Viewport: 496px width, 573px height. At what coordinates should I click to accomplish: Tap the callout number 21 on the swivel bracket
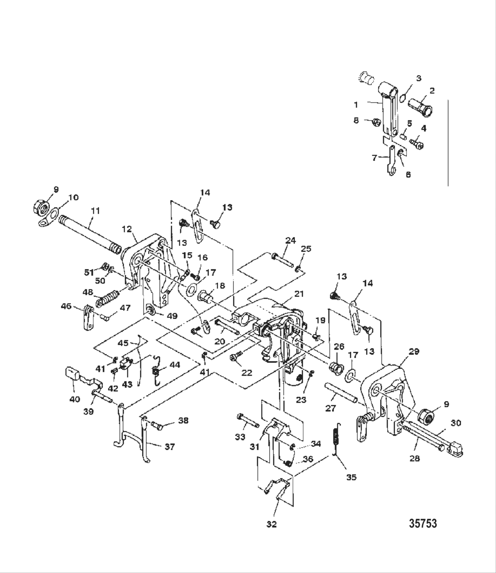tap(300, 293)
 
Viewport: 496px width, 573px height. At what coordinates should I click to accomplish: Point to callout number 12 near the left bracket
tap(127, 229)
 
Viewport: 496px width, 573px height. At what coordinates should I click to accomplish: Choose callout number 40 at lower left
tap(74, 399)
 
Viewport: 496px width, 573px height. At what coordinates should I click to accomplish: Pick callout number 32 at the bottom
tap(271, 524)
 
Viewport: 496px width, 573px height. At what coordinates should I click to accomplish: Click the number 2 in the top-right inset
tap(431, 90)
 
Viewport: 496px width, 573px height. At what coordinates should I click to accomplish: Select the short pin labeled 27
tap(341, 393)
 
